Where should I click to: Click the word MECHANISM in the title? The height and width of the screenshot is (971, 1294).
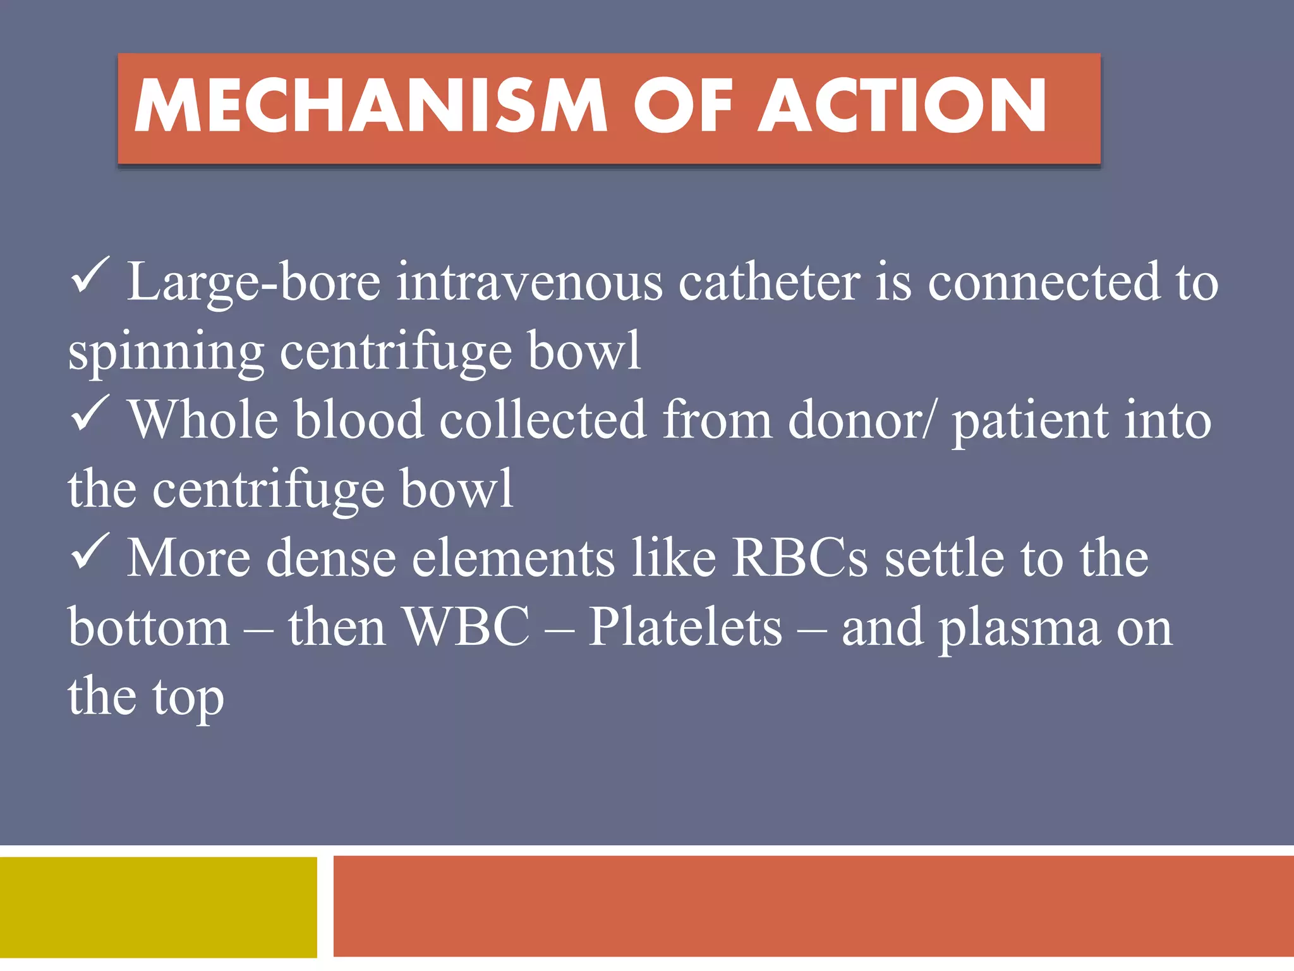click(370, 106)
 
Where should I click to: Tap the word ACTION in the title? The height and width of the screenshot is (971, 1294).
click(902, 106)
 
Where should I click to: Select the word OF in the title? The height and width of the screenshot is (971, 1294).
click(683, 106)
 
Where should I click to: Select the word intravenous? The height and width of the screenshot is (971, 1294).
click(529, 282)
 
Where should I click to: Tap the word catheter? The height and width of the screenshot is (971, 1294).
click(769, 282)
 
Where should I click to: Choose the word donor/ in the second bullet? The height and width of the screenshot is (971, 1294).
click(860, 420)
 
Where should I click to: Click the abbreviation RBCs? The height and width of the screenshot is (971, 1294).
click(800, 558)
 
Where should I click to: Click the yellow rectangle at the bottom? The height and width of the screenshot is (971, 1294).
click(158, 907)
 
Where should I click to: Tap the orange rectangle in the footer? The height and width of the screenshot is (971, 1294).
click(813, 907)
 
